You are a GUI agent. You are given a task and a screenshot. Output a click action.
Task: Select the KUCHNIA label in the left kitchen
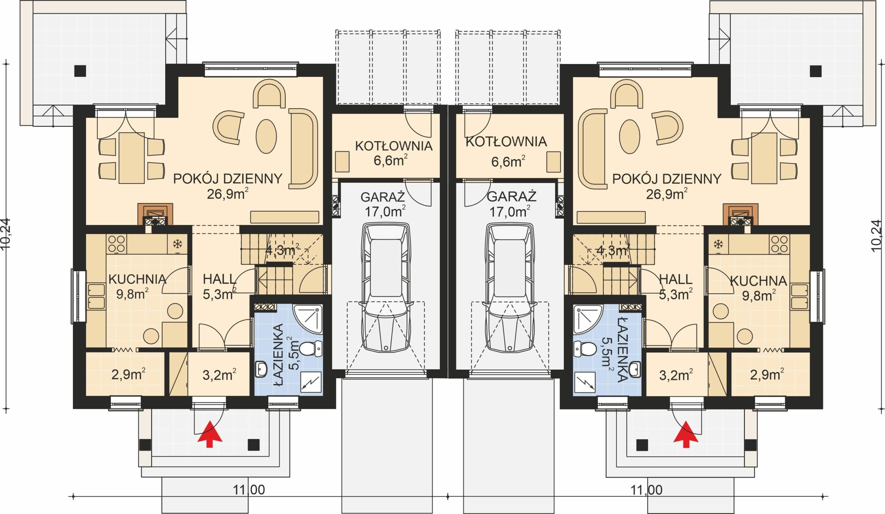pos(137,279)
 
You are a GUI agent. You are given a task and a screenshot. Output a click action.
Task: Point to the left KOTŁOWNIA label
pos(394,146)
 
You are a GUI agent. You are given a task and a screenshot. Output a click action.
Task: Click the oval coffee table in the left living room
pos(266,136)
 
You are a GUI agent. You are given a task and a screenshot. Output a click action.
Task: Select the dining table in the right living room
pos(764,158)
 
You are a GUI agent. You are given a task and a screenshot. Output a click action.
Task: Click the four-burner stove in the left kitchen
pos(117,244)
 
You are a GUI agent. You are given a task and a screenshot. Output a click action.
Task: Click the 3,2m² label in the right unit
pos(676,375)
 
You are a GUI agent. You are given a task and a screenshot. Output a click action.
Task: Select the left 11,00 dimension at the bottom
pos(249,489)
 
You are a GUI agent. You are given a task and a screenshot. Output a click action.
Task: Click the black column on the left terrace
pos(81,71)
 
